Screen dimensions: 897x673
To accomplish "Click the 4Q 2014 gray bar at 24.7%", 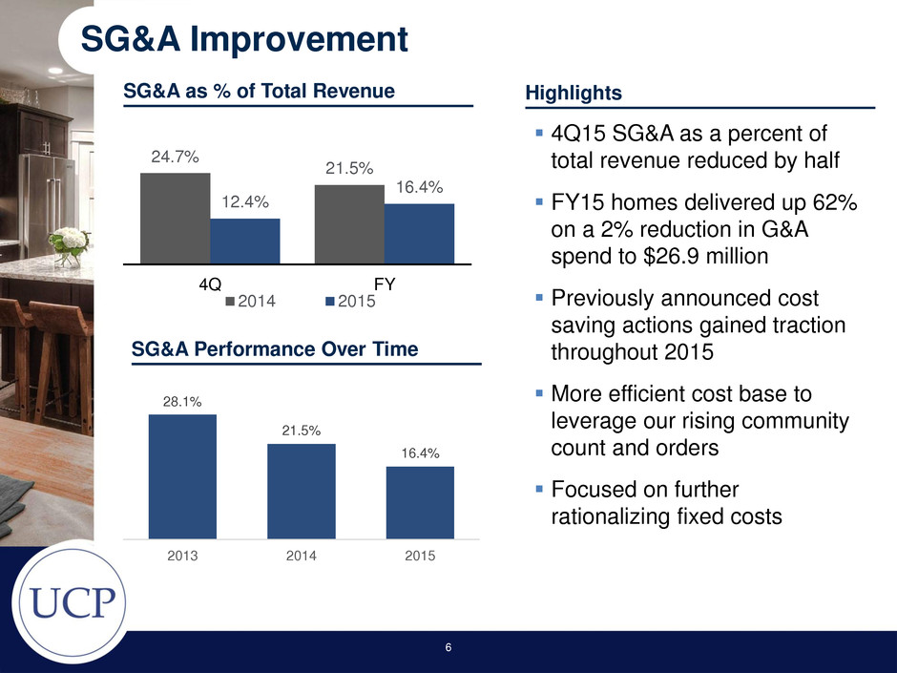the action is [x=175, y=218].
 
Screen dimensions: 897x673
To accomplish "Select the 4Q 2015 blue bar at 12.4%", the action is [x=245, y=241].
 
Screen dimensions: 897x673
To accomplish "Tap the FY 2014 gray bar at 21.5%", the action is [x=349, y=224].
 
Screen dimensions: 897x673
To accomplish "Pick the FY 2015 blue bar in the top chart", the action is [x=419, y=234].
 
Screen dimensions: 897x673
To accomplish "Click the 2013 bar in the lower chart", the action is [x=182, y=476].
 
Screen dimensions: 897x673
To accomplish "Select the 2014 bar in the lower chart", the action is [x=302, y=491].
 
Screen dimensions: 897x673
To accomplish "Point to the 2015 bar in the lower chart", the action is [x=421, y=502].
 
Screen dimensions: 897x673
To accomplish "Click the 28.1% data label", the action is [x=182, y=402].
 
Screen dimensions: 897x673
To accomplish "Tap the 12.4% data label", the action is [x=245, y=202].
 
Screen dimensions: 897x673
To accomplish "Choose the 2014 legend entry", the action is [x=251, y=302].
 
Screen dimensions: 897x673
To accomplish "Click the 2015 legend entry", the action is [x=350, y=302].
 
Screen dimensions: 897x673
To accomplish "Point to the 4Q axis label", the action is [x=210, y=284].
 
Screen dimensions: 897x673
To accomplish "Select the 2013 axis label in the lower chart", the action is [x=182, y=556].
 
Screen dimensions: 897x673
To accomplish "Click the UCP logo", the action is [x=72, y=601].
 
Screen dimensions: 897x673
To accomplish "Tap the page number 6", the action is [x=448, y=647].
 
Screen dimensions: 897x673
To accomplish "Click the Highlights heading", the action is [x=574, y=93].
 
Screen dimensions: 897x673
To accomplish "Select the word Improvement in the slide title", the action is [x=299, y=39].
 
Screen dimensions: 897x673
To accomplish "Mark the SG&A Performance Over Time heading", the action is [x=275, y=349].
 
